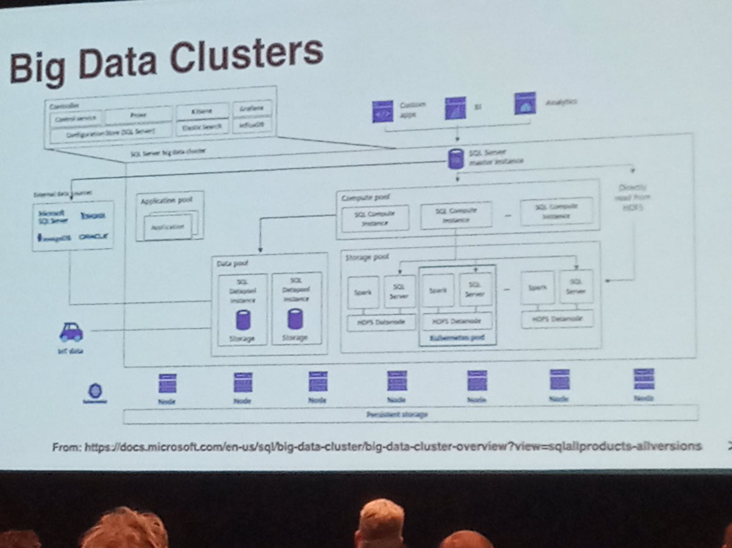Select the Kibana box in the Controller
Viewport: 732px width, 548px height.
tap(202, 112)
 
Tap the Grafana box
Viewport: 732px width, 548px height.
tap(251, 109)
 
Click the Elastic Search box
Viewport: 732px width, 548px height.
tap(202, 128)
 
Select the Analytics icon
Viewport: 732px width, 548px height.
tap(525, 104)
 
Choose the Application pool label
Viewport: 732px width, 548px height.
tap(160, 201)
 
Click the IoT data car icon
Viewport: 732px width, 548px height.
tap(71, 332)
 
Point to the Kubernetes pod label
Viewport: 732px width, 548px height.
tap(457, 336)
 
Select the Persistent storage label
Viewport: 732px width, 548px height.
tap(396, 414)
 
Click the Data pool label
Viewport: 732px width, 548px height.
tap(230, 263)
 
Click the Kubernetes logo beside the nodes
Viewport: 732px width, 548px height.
tap(95, 391)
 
